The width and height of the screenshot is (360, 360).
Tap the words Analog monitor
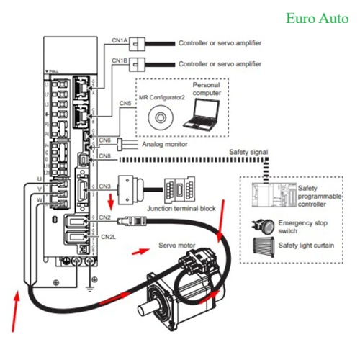pos(165,145)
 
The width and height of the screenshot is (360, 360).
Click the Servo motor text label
pos(177,246)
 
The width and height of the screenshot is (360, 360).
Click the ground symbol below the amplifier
pos(89,288)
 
